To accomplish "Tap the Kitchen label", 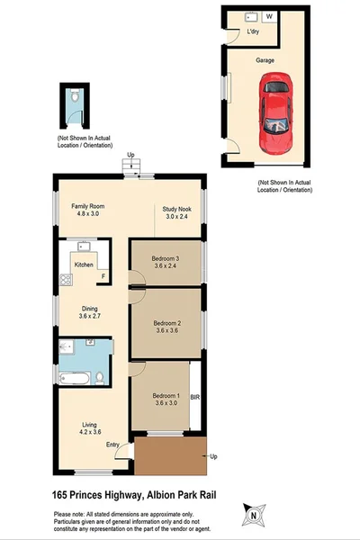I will (84, 265).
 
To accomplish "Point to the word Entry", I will (112, 445).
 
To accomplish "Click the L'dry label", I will (254, 33).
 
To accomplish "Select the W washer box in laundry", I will (268, 16).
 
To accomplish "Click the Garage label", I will (265, 60).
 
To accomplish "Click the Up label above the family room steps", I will (131, 154).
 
